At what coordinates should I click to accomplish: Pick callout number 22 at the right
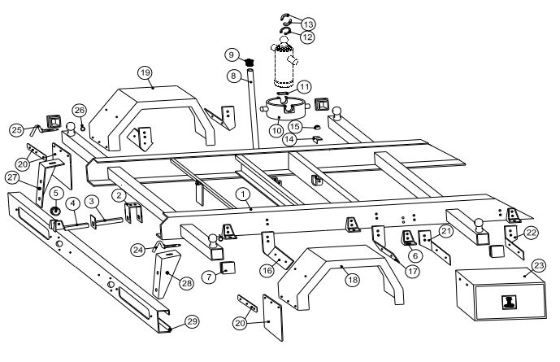531,232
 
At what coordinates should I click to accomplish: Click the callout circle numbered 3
93,200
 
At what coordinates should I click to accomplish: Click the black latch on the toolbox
509,303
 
